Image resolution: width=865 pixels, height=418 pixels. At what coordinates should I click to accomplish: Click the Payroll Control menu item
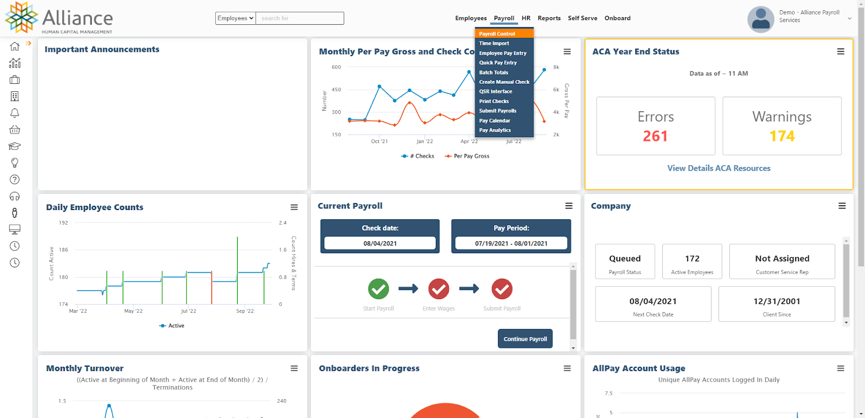497,33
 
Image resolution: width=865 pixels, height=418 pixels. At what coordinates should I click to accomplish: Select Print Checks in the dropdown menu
494,102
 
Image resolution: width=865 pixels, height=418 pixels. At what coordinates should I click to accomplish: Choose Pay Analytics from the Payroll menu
495,130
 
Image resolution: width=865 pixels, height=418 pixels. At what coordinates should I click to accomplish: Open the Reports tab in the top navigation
549,18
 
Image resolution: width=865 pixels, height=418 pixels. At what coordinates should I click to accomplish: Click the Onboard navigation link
617,18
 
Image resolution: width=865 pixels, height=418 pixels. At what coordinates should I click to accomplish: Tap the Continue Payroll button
525,339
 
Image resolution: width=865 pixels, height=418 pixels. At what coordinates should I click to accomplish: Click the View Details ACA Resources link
718,168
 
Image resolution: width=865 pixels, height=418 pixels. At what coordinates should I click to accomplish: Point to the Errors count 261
655,136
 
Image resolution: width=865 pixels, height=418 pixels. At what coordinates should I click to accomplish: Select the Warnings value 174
782,136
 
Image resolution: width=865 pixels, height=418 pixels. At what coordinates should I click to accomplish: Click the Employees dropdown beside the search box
235,18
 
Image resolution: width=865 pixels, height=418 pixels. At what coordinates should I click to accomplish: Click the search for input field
300,18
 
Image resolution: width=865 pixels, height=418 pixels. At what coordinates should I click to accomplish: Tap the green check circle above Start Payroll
378,289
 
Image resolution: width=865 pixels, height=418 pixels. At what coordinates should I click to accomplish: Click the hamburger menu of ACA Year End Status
841,52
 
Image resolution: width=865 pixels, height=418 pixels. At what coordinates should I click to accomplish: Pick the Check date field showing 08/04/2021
380,244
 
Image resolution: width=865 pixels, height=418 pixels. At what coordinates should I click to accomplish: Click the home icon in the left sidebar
15,46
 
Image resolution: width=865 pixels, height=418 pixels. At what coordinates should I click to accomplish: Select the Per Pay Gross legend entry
467,156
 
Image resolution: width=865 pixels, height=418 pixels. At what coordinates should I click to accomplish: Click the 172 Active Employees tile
692,261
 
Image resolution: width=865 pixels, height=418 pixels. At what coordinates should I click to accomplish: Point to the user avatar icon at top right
761,19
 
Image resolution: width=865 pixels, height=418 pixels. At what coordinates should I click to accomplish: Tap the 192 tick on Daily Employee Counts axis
64,223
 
